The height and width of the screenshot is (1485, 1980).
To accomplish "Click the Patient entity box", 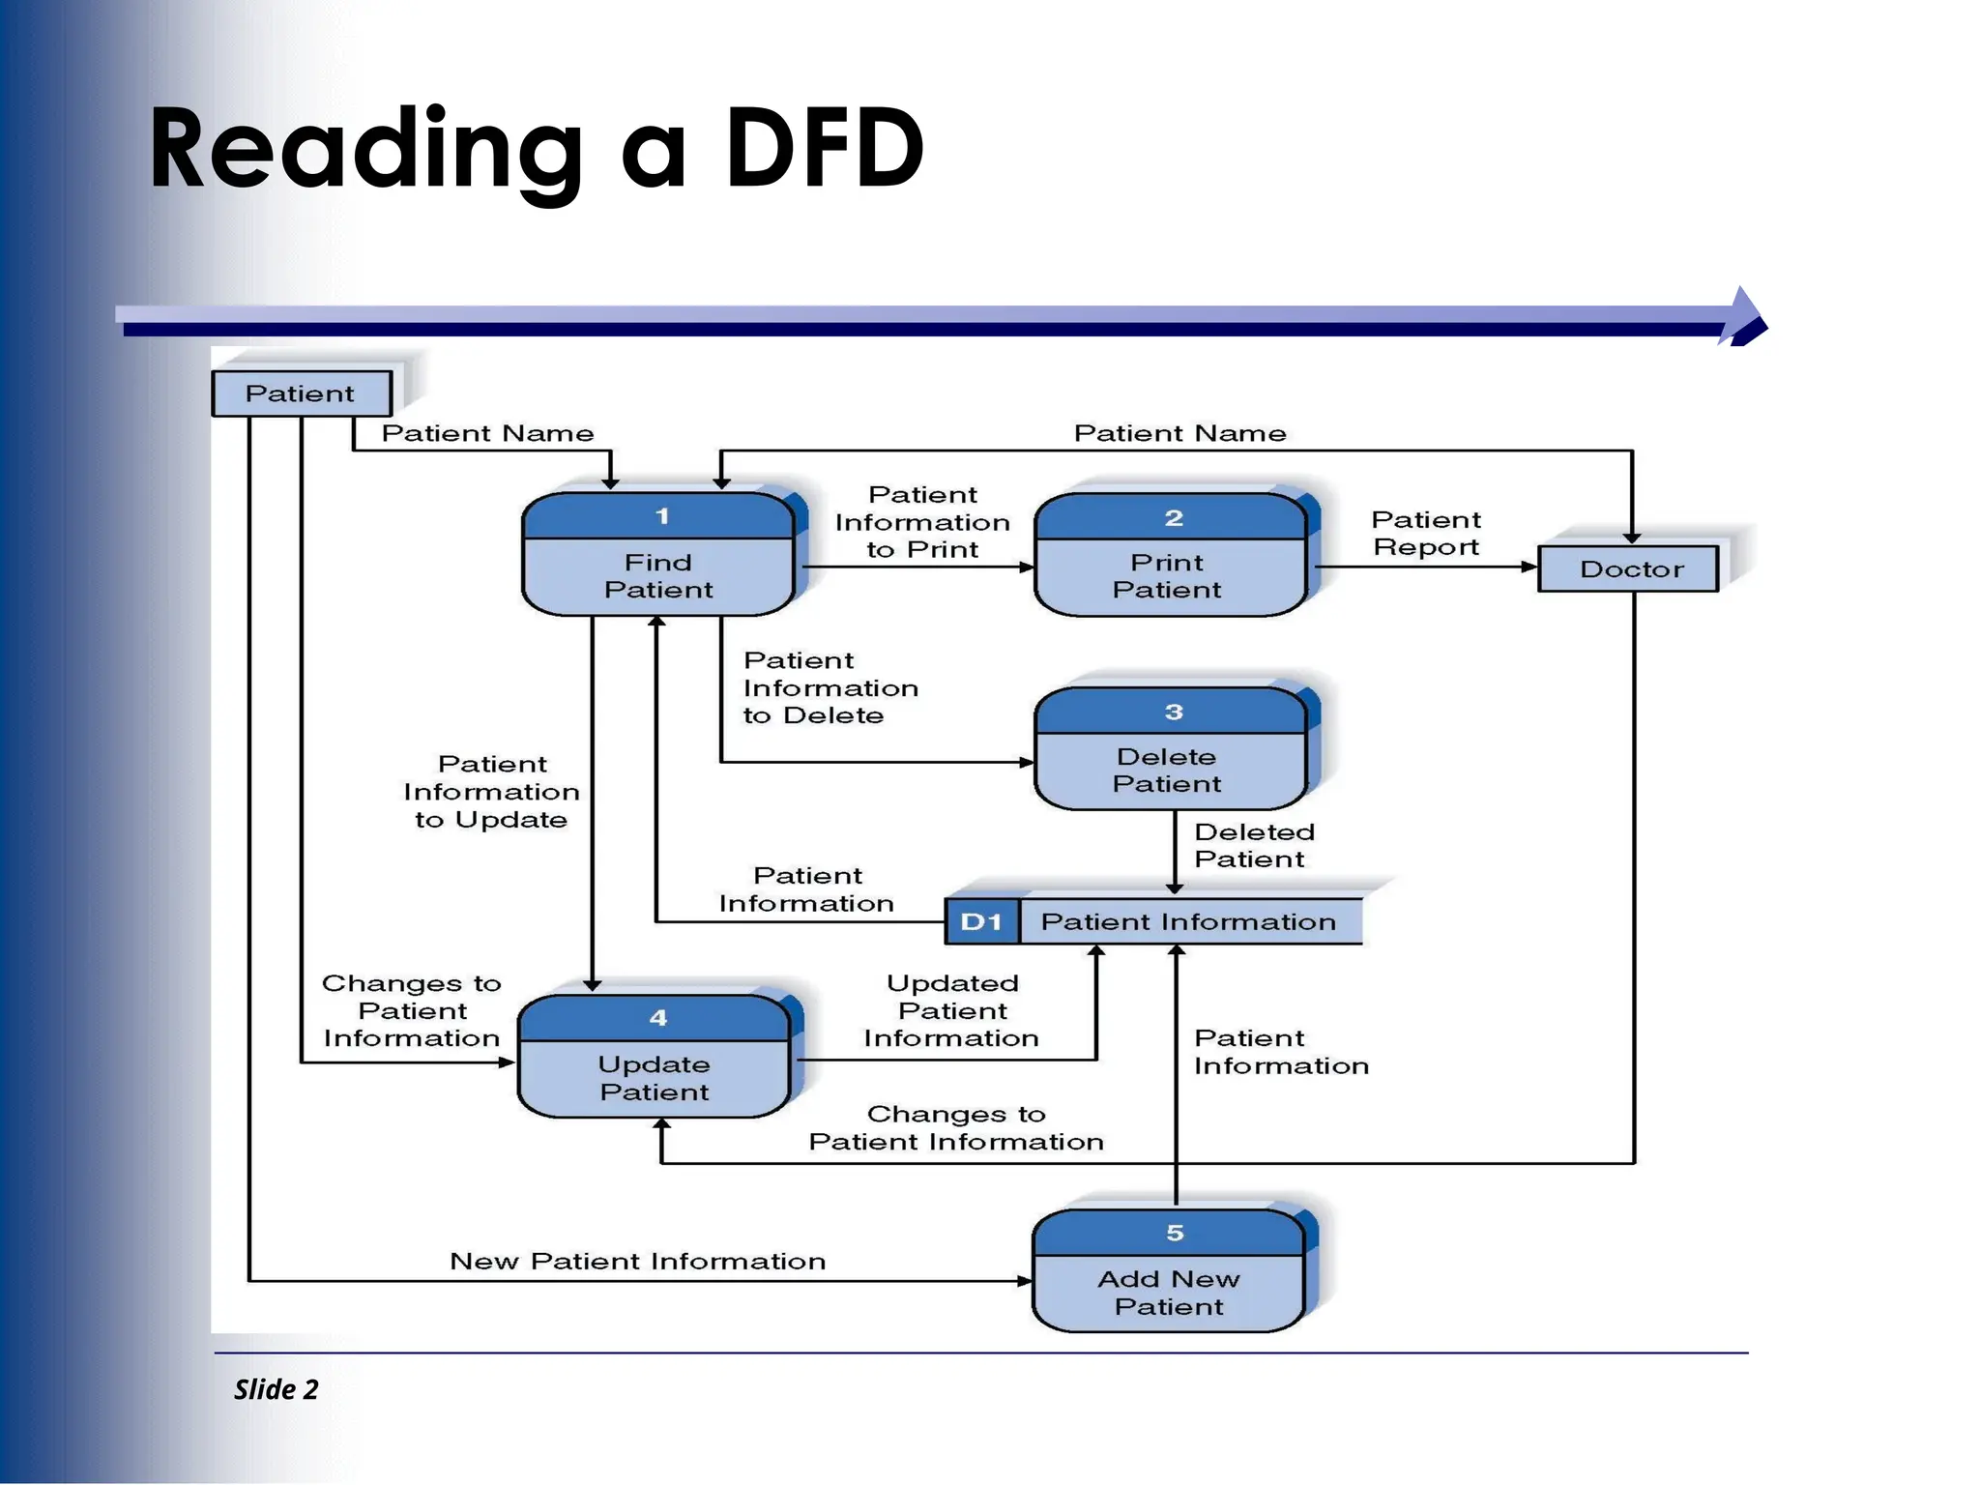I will click(x=302, y=393).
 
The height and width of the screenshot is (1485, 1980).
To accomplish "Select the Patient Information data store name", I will click(x=1188, y=921).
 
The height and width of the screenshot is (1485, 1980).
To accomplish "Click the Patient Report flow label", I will click(x=1426, y=534).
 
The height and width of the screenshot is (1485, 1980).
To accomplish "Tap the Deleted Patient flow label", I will click(x=1254, y=846).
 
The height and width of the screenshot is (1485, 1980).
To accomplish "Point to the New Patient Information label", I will click(x=637, y=1262).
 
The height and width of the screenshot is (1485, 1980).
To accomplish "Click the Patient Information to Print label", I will click(x=922, y=522).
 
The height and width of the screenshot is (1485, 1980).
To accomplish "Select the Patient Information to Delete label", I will click(x=830, y=687).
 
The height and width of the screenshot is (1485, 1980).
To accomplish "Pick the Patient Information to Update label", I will click(x=491, y=792).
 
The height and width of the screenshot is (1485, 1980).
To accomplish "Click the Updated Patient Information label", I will click(x=951, y=1010).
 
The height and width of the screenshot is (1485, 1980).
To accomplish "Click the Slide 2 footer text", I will click(x=276, y=1389).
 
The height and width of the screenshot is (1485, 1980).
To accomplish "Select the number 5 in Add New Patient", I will click(x=1175, y=1233).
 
